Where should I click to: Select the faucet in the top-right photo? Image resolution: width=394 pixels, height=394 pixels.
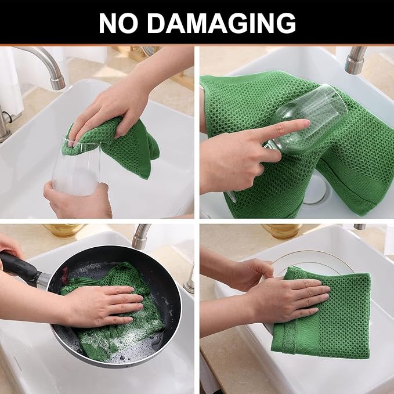[356, 61]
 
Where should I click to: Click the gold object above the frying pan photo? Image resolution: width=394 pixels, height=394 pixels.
[64, 230]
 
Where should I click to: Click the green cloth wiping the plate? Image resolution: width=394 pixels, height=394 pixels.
[325, 325]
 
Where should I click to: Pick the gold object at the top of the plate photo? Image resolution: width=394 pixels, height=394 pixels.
[281, 230]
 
